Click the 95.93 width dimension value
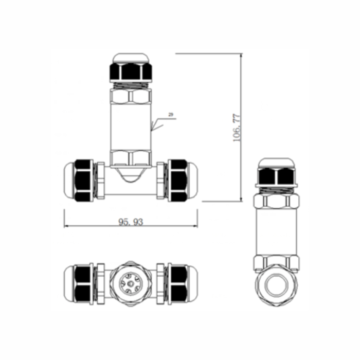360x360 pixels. coord(131,222)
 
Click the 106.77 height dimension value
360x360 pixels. coord(237,128)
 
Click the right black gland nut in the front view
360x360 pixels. coord(177,181)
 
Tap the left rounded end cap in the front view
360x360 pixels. coord(69,181)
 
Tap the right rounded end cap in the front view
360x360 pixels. coord(192,181)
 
